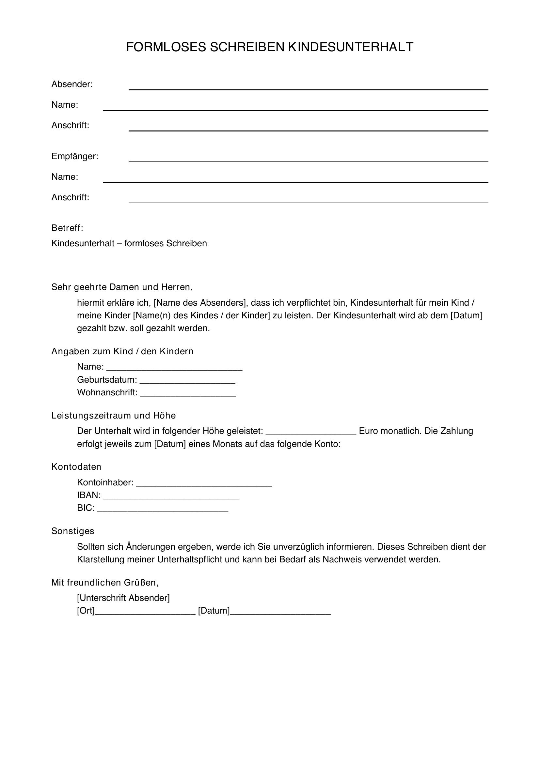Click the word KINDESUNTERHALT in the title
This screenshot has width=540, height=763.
coord(350,47)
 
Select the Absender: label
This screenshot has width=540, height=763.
coord(72,84)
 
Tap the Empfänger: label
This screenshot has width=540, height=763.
coord(74,156)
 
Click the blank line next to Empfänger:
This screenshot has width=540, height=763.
coord(308,160)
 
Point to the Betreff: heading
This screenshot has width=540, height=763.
coord(67,228)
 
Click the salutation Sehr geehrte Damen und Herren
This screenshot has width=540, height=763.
coord(122,287)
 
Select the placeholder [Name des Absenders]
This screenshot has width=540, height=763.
coord(199,303)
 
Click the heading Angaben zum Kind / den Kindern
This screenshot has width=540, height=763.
coord(122,351)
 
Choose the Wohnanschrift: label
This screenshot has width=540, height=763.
coord(107,392)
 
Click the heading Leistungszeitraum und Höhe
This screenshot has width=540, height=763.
coord(113,415)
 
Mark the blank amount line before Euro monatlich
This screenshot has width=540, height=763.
coord(311,434)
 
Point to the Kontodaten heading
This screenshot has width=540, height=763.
coord(76,466)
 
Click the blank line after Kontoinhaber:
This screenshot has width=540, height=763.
coord(204,485)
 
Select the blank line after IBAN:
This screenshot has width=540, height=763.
coord(171,498)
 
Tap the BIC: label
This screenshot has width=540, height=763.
coord(86,508)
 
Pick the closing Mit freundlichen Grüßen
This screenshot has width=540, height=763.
coord(105,582)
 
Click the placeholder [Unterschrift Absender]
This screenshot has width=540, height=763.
coord(123,598)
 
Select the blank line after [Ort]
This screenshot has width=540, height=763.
coord(145,614)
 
